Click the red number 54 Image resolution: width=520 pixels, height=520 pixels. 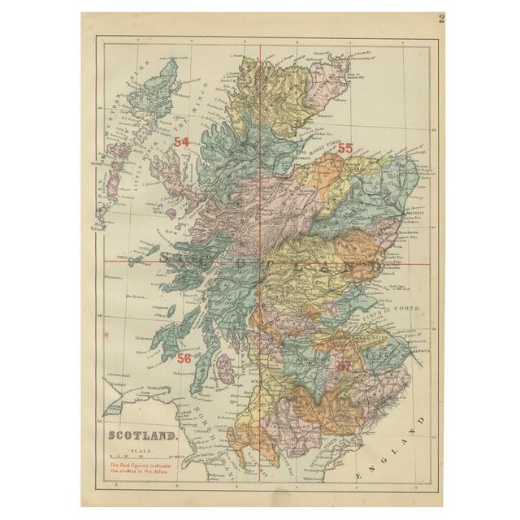point(181,142)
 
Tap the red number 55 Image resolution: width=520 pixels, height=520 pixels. point(345,149)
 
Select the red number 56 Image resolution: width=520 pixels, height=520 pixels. point(184,357)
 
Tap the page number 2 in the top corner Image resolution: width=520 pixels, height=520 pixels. point(441,19)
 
